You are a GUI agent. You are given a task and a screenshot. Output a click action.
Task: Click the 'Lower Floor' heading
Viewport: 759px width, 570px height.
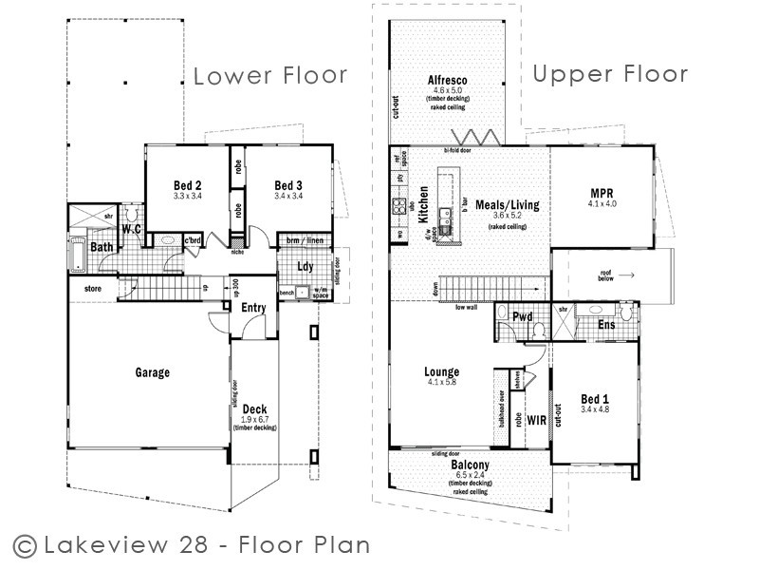click(270, 76)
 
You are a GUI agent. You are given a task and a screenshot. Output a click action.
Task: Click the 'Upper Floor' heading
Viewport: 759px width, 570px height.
click(610, 74)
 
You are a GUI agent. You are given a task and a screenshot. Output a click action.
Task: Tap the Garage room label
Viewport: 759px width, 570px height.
click(152, 372)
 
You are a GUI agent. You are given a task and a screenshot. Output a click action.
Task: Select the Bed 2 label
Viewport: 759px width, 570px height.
click(187, 185)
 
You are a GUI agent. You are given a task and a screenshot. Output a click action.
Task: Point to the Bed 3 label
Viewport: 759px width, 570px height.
click(288, 185)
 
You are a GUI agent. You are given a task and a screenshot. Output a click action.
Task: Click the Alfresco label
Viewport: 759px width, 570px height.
click(444, 80)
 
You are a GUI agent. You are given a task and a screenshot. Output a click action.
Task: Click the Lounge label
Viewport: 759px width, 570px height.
click(442, 371)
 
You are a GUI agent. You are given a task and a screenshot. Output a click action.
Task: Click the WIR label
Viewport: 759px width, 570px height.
click(536, 418)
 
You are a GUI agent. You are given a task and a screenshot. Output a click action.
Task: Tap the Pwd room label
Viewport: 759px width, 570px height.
click(521, 317)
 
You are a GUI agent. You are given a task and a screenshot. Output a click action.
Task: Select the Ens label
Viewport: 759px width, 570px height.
click(606, 325)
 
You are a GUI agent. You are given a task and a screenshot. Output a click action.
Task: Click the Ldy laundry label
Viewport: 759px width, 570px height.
click(305, 266)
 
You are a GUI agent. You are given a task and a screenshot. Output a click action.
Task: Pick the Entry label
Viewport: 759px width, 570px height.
click(253, 307)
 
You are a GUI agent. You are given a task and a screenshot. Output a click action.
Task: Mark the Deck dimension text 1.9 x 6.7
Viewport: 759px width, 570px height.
click(254, 419)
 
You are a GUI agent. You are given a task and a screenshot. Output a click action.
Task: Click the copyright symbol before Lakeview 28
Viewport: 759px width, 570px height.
click(26, 545)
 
